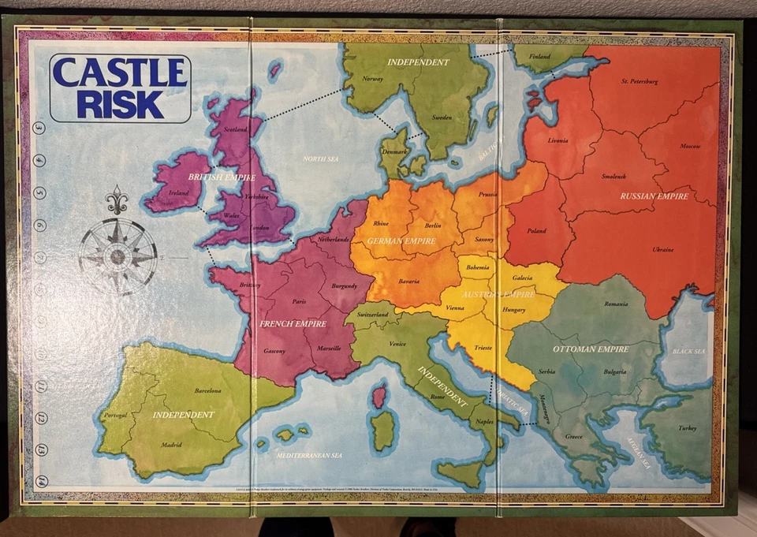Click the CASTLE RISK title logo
point(120,88)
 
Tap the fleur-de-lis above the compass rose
point(117,201)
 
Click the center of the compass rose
point(117,256)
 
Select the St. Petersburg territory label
point(640,81)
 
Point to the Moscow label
point(690,147)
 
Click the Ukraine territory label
point(663,250)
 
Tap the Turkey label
point(687,428)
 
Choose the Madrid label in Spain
point(171,445)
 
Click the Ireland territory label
point(179,192)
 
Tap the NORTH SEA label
point(320,159)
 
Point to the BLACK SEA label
point(689,351)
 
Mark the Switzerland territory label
point(372,314)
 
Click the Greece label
point(574,436)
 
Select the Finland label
point(539,57)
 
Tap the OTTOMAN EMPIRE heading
point(591,349)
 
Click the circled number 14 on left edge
point(40,481)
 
